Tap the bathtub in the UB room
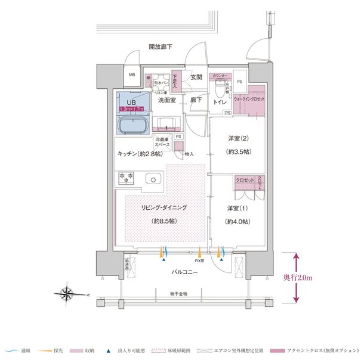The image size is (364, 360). (134, 125)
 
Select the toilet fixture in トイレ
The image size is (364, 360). (221, 89)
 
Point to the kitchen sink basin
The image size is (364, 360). (153, 178)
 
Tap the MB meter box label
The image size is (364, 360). (132, 76)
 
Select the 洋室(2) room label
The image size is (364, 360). (237, 140)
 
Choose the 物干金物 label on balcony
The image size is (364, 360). (178, 294)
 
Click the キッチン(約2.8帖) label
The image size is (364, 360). (139, 154)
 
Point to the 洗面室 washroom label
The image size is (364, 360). (166, 101)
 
